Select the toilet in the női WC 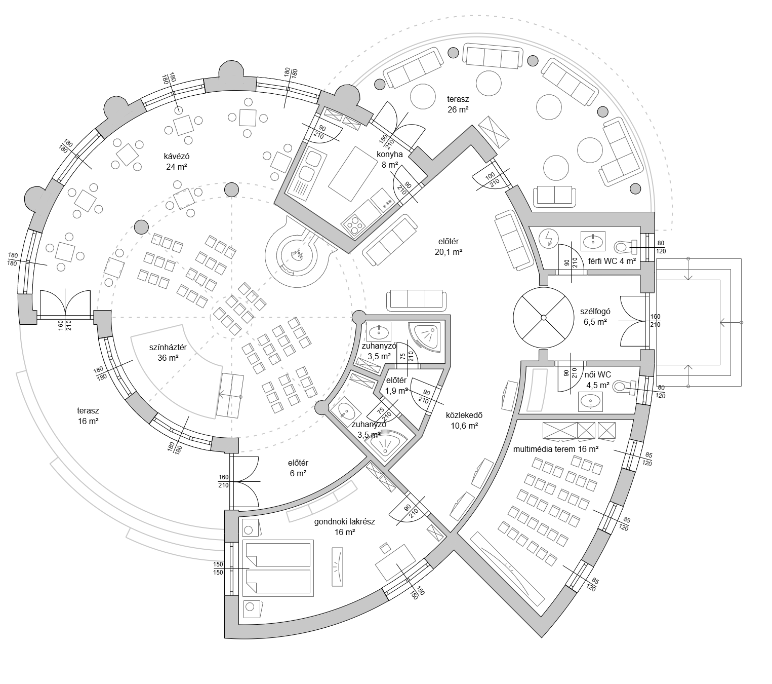(x=625, y=387)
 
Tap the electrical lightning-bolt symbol (x=549, y=239)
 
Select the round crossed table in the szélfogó (x=543, y=318)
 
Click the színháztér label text (x=168, y=347)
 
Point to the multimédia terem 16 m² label (x=555, y=449)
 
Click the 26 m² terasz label (x=458, y=104)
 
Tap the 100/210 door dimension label (x=492, y=179)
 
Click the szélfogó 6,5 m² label (x=595, y=317)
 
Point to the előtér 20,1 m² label (x=449, y=246)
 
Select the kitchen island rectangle (x=352, y=174)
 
